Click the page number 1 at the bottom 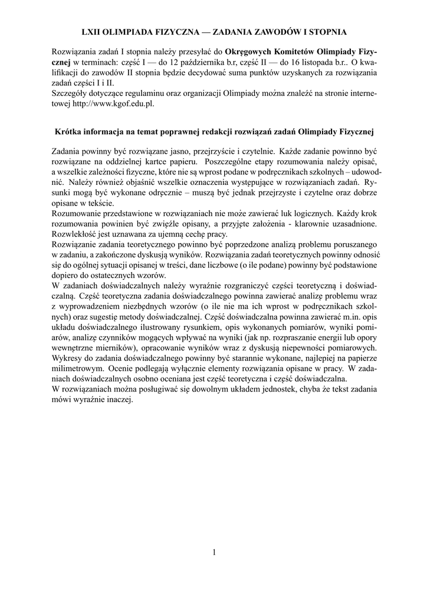[213, 552]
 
